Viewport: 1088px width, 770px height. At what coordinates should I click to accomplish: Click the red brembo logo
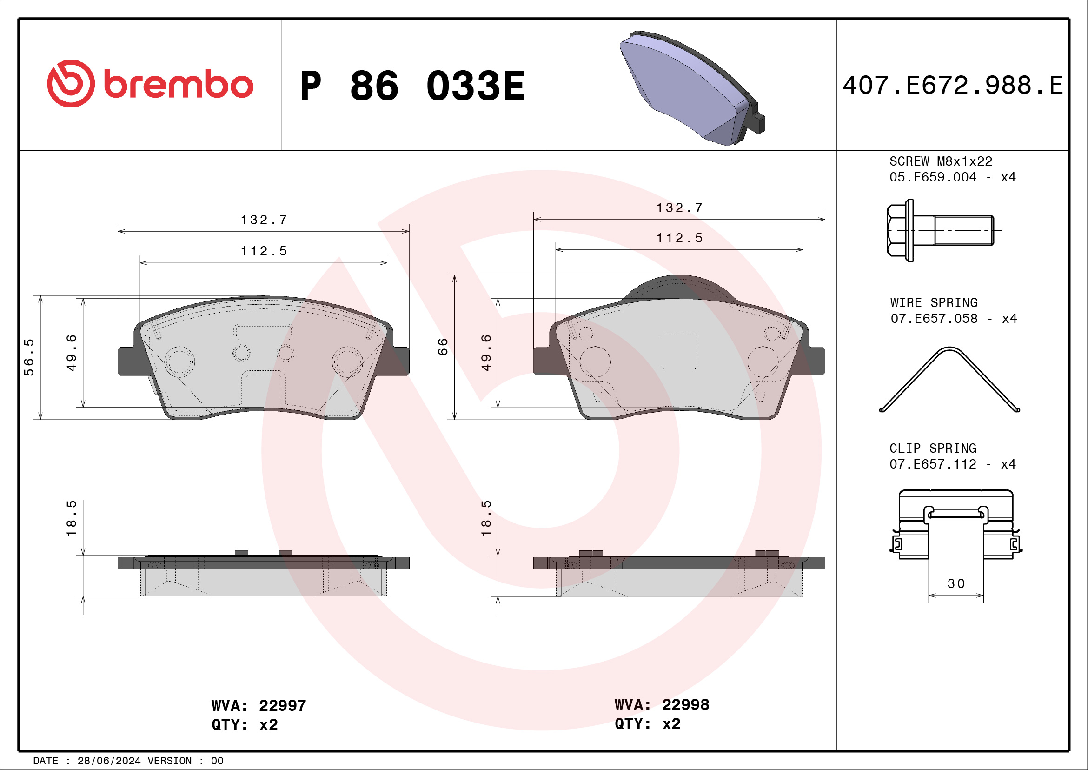point(150,84)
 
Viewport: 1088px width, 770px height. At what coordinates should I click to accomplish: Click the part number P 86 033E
point(412,86)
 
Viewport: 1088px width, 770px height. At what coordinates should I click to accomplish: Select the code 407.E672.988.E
point(953,86)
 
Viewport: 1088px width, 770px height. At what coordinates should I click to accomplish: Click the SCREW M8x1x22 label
point(941,161)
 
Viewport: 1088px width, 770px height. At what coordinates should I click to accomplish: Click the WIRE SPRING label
point(934,302)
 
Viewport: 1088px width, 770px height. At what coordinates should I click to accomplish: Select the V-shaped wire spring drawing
point(949,379)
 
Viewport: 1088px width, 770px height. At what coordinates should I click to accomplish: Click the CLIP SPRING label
point(933,448)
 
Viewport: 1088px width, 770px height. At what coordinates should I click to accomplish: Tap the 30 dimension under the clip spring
point(956,583)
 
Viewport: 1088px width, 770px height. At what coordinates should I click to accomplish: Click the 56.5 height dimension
point(29,357)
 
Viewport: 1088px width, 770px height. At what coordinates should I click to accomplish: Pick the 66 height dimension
point(443,347)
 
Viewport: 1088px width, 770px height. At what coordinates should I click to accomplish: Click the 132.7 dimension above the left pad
point(264,220)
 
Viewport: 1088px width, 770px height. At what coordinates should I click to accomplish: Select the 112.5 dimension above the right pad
point(679,238)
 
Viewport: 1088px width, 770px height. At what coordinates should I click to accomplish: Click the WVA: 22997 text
point(259,705)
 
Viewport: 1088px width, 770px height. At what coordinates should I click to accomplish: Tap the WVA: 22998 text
point(662,704)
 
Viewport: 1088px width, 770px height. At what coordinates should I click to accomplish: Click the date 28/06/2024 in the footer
point(109,761)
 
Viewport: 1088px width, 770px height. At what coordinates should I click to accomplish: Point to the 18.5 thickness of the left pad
point(71,518)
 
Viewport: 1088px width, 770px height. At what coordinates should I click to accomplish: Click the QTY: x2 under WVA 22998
point(647,724)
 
